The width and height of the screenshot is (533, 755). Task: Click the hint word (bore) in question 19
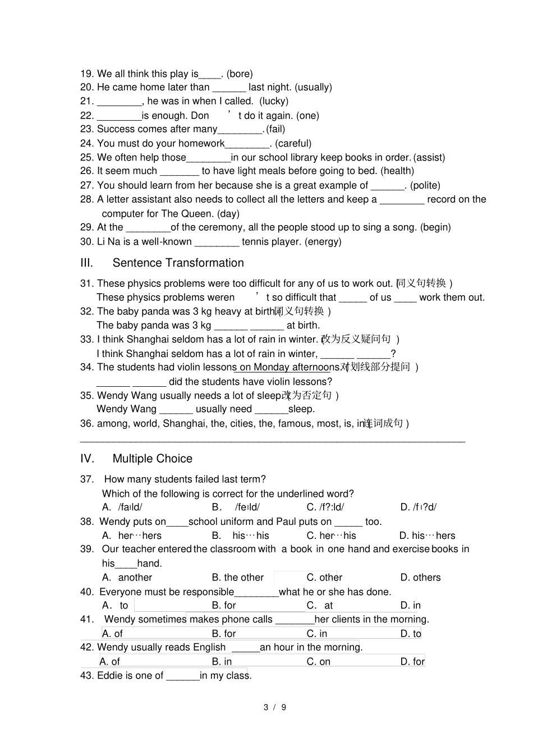pos(240,74)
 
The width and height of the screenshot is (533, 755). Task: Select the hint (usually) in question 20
pos(313,87)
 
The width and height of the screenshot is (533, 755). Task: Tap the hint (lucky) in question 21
pos(274,101)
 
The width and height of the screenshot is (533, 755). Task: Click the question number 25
pos(86,157)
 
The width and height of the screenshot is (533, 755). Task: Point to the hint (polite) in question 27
pos(425,185)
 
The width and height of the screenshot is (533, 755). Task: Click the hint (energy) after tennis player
pos(323,241)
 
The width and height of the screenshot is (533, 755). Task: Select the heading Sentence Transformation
pos(178,263)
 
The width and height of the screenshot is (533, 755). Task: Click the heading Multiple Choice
pos(152,459)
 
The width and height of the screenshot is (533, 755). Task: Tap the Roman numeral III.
pos(86,263)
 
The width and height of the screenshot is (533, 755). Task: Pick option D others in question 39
pos(421,577)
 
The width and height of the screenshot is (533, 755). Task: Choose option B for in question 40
pos(224,605)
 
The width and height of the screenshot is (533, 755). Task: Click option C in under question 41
pos(316,633)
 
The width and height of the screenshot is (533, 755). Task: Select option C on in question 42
pos(318,661)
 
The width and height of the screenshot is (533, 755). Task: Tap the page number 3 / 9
pos(275,707)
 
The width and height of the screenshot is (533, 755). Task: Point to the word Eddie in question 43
pos(110,675)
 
